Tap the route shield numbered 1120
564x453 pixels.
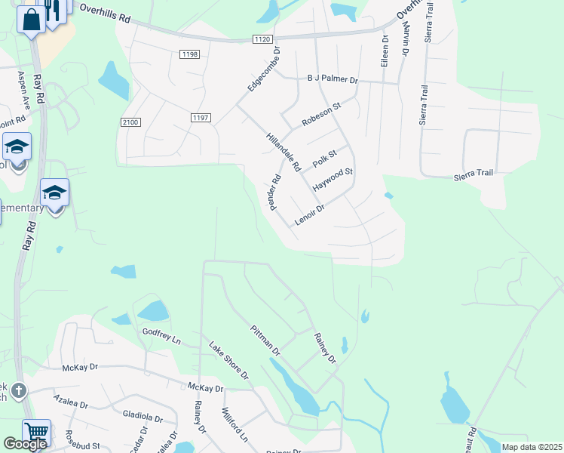coord(262,39)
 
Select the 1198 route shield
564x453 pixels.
coord(189,54)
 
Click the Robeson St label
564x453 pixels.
coord(321,113)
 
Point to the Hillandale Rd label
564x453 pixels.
coord(284,151)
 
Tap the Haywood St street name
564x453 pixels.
coord(333,179)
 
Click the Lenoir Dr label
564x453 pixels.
coord(309,214)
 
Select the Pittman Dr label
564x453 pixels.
coord(265,341)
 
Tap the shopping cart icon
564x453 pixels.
coord(36,433)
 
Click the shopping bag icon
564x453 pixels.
coord(32,20)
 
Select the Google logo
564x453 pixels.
coord(25,444)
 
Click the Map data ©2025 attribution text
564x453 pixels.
coord(531,447)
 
